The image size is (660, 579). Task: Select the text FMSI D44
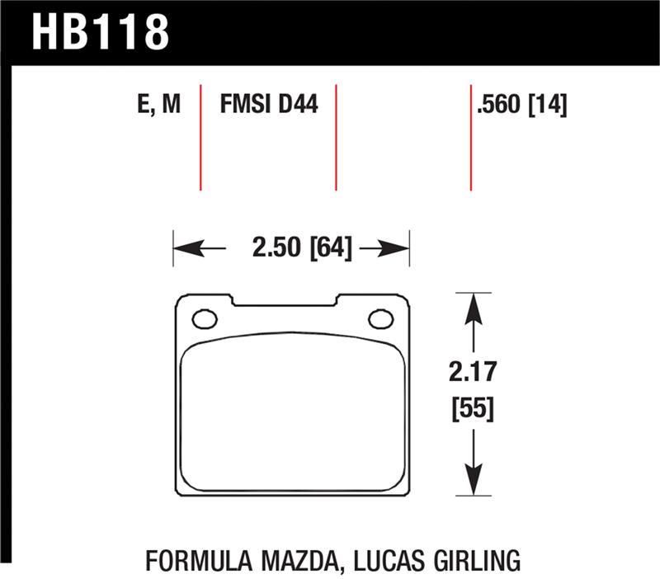(x=269, y=106)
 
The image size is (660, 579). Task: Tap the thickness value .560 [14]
(x=521, y=106)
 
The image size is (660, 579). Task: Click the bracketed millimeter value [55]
(x=472, y=408)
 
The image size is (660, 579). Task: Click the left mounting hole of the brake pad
(x=203, y=318)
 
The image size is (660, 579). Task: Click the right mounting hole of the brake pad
(x=380, y=318)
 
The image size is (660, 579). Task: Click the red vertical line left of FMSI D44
(x=200, y=136)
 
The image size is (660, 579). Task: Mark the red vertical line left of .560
(x=470, y=136)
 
